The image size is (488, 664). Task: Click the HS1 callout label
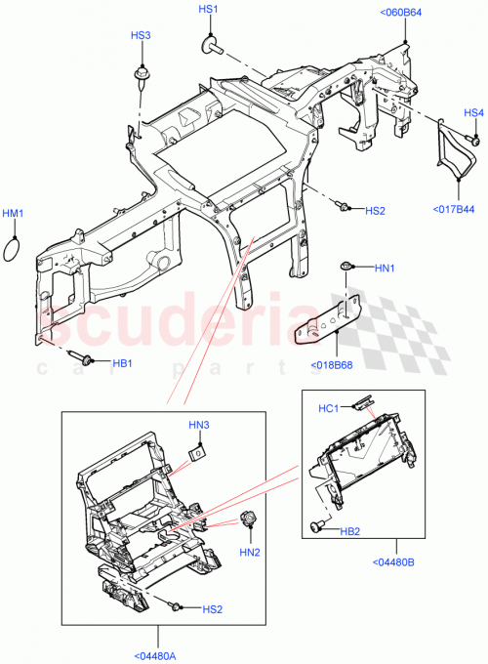tap(209, 9)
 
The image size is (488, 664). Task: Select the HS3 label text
tap(142, 35)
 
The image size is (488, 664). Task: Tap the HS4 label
tap(473, 112)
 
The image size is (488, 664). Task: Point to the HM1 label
tap(13, 213)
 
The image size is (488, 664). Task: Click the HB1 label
tap(122, 362)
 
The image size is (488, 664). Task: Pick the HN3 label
tap(199, 424)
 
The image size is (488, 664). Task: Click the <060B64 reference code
tap(400, 13)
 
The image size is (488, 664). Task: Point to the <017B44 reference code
tap(453, 209)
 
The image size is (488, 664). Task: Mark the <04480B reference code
tap(395, 560)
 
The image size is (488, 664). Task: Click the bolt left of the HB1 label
tap(84, 358)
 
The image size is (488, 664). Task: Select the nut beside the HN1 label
tap(346, 266)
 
